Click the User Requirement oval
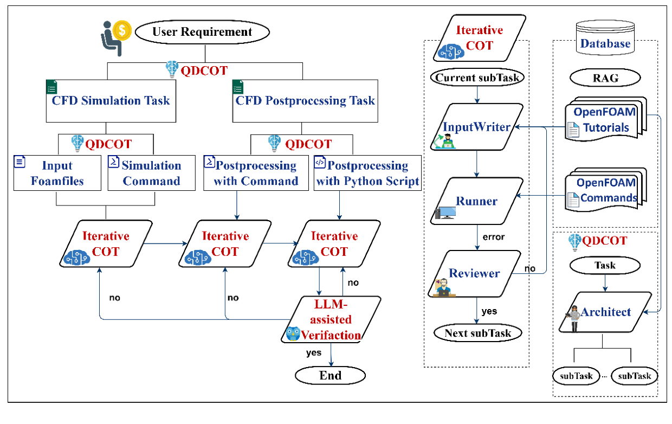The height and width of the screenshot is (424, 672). [x=202, y=31]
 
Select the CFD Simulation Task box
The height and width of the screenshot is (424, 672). [x=111, y=101]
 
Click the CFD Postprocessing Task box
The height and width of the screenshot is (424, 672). [x=305, y=101]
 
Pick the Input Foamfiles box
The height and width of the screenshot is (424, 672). [x=57, y=173]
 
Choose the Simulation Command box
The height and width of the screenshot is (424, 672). [x=151, y=173]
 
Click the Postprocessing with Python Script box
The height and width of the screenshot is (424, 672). [x=367, y=173]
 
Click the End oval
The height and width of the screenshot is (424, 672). [x=330, y=375]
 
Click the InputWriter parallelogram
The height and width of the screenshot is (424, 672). [x=476, y=127]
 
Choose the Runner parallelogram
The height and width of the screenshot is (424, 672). [x=476, y=202]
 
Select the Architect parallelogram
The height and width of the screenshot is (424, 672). [x=605, y=312]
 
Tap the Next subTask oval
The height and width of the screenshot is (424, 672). [x=477, y=333]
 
